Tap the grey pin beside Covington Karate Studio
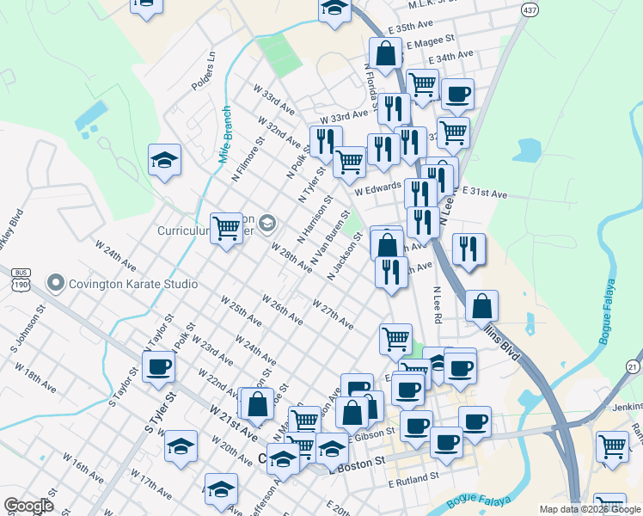click(x=57, y=283)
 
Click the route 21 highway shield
click(x=634, y=367)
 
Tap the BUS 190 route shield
click(x=21, y=279)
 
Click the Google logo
click(x=28, y=506)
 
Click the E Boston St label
click(x=356, y=463)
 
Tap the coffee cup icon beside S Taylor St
click(x=157, y=365)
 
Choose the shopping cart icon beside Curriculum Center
click(x=226, y=228)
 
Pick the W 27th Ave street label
click(x=333, y=315)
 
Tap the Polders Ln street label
click(x=209, y=68)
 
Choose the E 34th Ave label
click(x=450, y=57)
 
